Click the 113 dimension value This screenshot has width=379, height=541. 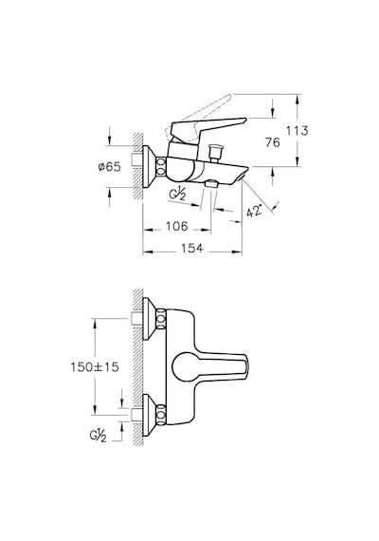pos(297,131)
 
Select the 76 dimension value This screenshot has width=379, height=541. pos(273,142)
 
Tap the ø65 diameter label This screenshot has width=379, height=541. pos(109,167)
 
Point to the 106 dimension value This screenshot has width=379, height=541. pos(177,226)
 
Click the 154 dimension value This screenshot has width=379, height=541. pos(192,248)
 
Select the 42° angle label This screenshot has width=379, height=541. pos(255,211)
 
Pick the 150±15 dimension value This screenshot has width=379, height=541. pos(95,366)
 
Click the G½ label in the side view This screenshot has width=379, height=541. pos(177,195)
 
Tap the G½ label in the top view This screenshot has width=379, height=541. pos(98,436)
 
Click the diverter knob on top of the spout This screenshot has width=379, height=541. pos(215,152)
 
